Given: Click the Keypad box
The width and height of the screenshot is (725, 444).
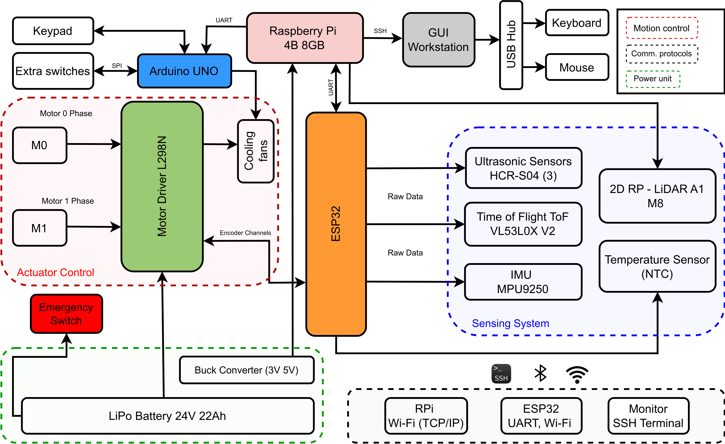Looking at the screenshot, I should click(x=53, y=31).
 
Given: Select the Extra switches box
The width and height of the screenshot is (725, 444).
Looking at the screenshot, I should click(x=53, y=71).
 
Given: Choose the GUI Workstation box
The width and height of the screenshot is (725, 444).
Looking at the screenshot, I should click(x=438, y=40).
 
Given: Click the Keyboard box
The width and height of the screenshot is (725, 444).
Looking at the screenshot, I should click(x=577, y=23).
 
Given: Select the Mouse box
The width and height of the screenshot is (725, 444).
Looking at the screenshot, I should click(x=577, y=67).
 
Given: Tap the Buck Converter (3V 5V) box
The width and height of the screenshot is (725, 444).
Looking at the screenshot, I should click(x=247, y=370).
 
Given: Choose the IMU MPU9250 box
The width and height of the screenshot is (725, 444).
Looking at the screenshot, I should click(x=523, y=282).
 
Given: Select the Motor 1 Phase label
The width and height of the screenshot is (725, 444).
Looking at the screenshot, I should click(x=68, y=201).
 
